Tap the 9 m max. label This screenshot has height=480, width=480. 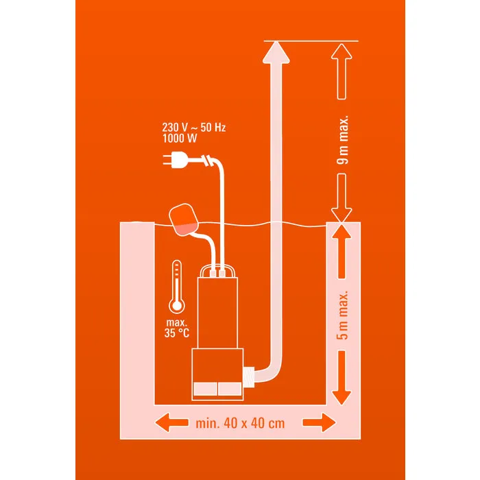coord(343,141)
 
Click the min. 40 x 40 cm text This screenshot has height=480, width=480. coord(239,423)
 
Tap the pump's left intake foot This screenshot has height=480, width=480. coord(205,388)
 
